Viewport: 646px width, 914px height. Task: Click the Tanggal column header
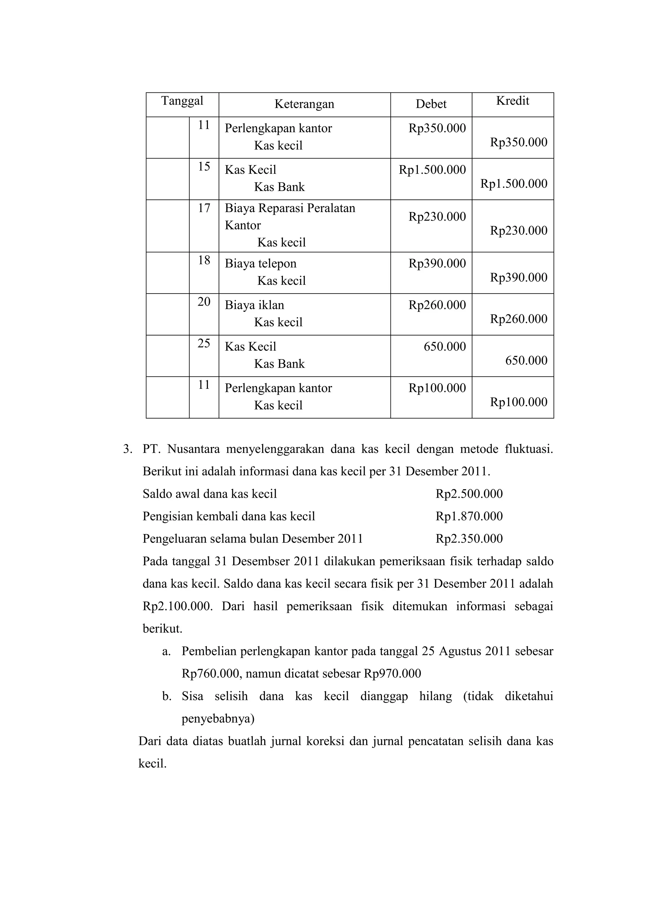point(182,101)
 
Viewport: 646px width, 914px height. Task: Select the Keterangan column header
point(304,104)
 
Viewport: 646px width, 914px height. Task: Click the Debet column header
point(431,104)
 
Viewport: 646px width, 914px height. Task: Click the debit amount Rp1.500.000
point(432,170)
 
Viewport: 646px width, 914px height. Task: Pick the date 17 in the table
point(204,208)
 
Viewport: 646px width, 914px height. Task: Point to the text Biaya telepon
point(261,264)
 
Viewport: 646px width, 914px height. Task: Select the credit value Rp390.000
point(518,277)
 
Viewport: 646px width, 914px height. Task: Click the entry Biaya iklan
point(254,305)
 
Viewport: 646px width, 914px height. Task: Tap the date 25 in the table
point(204,343)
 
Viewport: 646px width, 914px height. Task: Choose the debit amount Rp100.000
point(437,388)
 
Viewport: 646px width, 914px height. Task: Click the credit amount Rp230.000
point(518,230)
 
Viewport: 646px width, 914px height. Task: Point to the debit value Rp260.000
point(437,305)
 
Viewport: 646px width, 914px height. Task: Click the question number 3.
point(127,449)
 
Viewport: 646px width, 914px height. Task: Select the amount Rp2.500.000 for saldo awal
point(469,494)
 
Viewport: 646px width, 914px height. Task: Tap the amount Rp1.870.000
point(469,516)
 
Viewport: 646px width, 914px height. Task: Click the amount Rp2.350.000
point(469,539)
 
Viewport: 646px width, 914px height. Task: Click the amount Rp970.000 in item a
point(392,674)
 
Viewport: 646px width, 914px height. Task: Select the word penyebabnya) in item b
point(218,719)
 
